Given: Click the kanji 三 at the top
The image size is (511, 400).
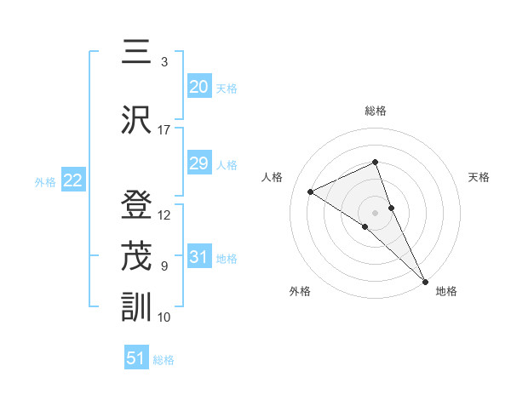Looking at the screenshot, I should click(137, 52).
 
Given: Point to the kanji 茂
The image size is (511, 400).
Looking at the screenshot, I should click(137, 255).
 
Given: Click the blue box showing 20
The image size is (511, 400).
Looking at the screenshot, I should click(198, 87).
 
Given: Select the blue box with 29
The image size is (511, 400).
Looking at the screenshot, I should click(198, 163).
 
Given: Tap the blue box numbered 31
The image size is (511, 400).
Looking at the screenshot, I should click(198, 257).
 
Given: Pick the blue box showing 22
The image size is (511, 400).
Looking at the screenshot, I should click(72, 180).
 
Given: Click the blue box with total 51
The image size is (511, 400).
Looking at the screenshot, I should click(136, 358).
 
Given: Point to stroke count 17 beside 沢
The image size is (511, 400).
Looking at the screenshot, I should click(164, 130).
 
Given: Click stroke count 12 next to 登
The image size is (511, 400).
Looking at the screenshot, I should click(164, 215).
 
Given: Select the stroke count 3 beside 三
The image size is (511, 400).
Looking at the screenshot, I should click(164, 62).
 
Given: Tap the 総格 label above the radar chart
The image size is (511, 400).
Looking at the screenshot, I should click(376, 111).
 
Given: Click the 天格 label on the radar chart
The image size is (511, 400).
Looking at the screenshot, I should click(479, 177).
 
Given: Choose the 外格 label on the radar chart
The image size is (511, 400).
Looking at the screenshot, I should click(300, 291).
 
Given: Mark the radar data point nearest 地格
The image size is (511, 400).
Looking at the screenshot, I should click(425, 280).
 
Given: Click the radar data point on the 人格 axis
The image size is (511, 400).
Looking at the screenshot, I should click(311, 191).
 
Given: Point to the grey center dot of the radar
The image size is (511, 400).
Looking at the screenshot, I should click(376, 212).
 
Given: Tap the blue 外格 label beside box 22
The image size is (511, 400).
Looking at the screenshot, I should click(44, 181).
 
